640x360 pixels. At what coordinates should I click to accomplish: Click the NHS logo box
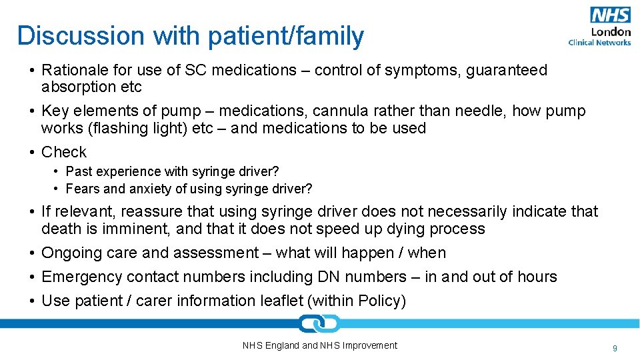point(610,15)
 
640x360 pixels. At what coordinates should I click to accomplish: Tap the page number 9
point(615,348)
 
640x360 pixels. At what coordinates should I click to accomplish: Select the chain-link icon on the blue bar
point(319,324)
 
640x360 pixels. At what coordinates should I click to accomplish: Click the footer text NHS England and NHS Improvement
point(319,345)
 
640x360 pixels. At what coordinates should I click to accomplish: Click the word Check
point(64,152)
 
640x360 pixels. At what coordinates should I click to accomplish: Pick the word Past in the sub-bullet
point(79,171)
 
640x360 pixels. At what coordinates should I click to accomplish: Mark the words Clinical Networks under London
point(599,43)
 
